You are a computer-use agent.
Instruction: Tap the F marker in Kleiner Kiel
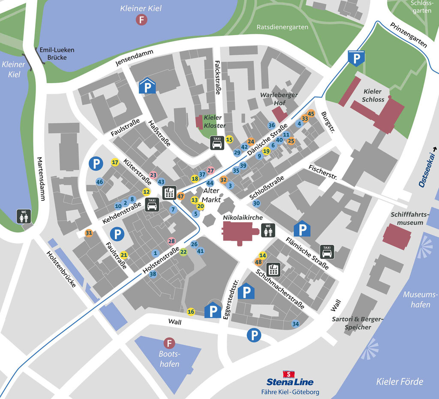point(141,19)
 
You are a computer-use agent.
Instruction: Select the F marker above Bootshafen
point(170,343)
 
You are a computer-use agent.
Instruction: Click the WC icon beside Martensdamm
point(23,216)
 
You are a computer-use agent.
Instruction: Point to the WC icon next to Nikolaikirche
point(268,230)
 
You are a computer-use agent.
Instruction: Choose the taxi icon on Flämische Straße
point(327,251)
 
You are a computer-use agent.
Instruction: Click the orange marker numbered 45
point(311,114)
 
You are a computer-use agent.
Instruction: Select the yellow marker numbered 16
point(191,312)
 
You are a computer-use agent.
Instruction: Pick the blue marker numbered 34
point(295,324)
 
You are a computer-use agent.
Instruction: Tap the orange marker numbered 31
point(89,233)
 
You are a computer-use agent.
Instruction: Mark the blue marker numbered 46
point(99,182)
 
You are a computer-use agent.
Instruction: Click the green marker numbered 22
point(183,252)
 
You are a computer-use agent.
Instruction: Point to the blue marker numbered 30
point(256,203)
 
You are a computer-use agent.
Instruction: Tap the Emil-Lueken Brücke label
point(57,54)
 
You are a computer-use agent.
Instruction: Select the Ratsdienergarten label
point(282,27)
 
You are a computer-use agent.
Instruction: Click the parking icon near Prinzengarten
point(356,57)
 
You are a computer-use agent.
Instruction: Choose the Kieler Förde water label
point(399,381)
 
